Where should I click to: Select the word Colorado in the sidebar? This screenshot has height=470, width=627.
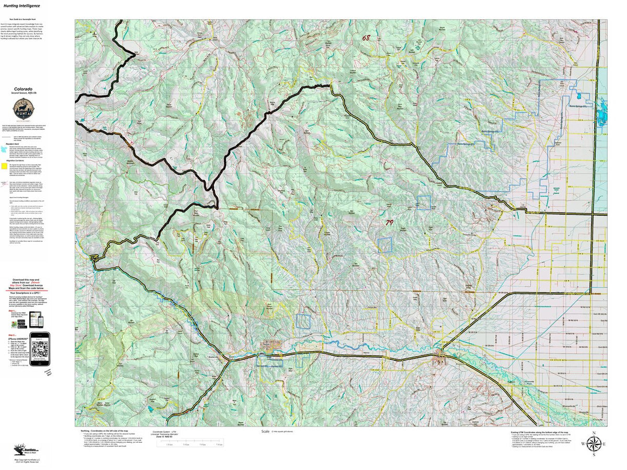click(x=24, y=89)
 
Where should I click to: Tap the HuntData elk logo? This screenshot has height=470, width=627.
click(x=22, y=448)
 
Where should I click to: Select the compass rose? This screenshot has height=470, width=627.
click(x=594, y=444)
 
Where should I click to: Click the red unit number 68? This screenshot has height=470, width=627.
click(x=366, y=38)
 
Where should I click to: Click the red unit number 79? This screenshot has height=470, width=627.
click(x=403, y=222)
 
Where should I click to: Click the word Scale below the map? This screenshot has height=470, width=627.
click(x=266, y=431)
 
